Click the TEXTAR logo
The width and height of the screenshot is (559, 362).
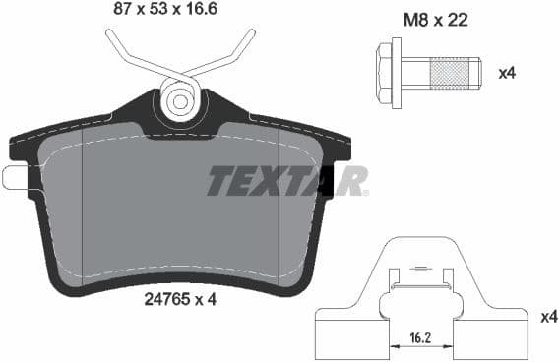click(287, 180)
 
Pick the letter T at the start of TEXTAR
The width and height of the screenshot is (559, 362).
click(218, 180)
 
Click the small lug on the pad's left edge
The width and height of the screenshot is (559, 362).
click(13, 178)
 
